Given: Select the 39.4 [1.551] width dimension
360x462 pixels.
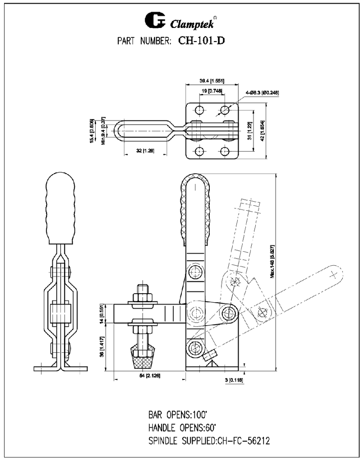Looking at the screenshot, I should click(212, 81).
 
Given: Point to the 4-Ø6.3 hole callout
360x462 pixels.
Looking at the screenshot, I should click(263, 92).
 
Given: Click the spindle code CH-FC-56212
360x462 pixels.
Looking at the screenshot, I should click(243, 440).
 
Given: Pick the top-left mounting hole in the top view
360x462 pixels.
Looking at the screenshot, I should click(199, 110).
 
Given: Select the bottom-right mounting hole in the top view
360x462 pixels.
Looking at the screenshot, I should click(224, 151).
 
